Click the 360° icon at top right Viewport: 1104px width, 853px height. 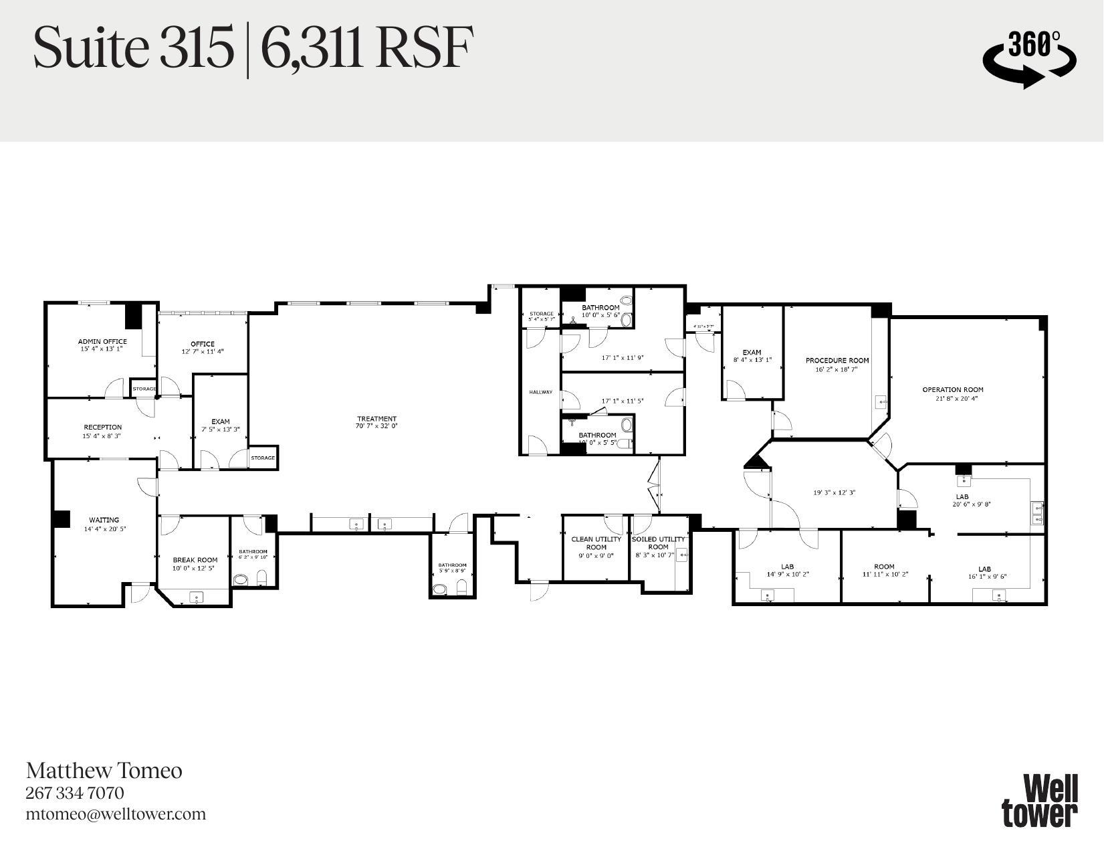1029,58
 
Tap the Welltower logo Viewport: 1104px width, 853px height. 1039,800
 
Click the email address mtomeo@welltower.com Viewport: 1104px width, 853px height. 116,814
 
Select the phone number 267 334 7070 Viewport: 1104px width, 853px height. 75,793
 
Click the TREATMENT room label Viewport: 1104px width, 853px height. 376,419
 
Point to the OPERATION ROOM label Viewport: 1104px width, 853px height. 953,389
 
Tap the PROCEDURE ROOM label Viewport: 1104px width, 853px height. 837,361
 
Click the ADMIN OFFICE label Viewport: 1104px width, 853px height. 102,341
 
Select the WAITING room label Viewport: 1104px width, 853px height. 104,520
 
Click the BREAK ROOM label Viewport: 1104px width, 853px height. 195,560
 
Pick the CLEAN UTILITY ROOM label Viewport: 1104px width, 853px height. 596,543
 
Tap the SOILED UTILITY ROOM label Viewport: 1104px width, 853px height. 658,543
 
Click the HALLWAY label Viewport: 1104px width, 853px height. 541,392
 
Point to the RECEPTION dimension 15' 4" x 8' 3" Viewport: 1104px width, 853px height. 102,436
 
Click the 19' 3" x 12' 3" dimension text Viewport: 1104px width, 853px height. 834,493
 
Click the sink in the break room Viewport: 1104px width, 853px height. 196,597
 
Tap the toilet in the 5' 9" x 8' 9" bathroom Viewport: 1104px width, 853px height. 461,588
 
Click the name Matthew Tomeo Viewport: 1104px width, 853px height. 104,771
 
